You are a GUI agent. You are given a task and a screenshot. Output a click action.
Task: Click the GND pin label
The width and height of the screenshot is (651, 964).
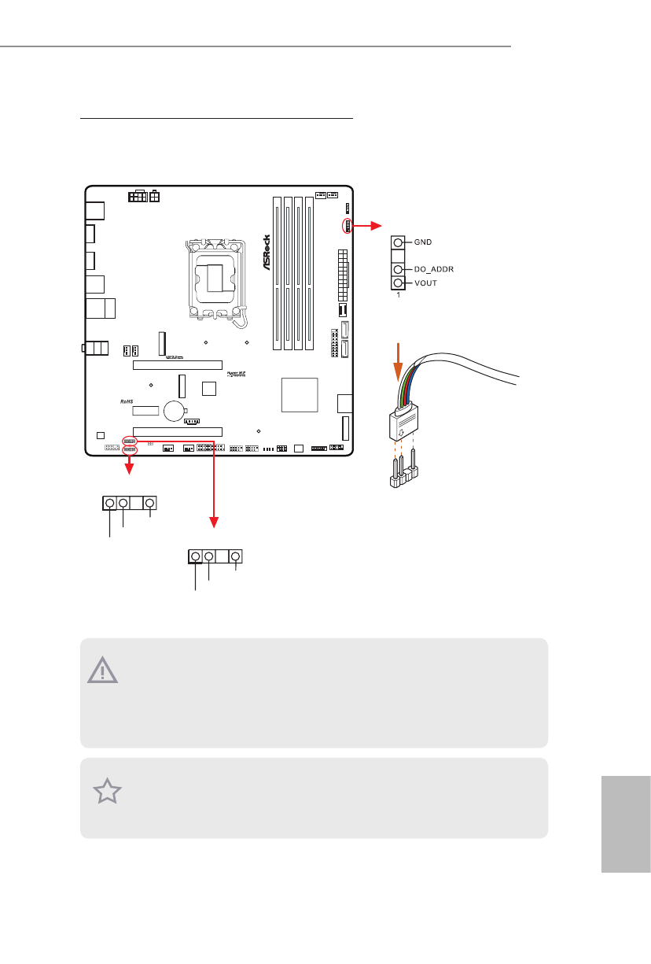point(424,243)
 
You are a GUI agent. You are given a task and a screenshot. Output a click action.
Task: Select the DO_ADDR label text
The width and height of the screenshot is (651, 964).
point(435,269)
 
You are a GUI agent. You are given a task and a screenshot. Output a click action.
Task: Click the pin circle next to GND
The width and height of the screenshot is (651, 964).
point(399,243)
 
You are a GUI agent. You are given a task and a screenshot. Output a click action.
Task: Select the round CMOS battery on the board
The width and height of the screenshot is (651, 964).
point(174,410)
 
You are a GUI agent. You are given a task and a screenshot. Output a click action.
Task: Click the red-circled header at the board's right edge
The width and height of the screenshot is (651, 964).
point(346,227)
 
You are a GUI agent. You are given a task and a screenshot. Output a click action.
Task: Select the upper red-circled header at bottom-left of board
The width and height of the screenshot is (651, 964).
point(131,440)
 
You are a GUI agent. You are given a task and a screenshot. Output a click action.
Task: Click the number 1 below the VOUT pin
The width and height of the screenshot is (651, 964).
point(398,295)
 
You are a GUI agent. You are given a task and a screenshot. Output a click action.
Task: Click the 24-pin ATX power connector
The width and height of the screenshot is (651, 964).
point(341,275)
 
